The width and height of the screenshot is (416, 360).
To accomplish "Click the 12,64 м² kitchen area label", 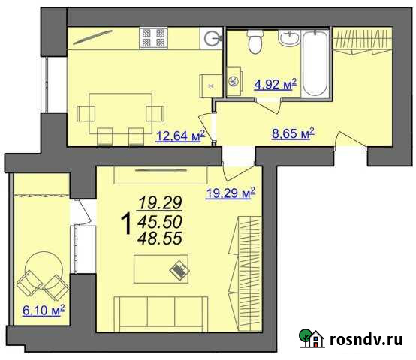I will pyautogui.click(x=181, y=136).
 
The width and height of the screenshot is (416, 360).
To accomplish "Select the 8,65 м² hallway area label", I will pyautogui.click(x=291, y=134).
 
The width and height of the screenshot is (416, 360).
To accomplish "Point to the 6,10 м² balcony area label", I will pyautogui.click(x=44, y=309).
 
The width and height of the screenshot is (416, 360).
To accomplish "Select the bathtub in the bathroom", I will pyautogui.click(x=315, y=64).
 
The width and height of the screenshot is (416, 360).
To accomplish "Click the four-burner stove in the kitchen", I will pyautogui.click(x=154, y=39).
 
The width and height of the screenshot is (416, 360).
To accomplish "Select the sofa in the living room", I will pyautogui.click(x=161, y=312).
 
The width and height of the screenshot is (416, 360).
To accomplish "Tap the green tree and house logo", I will pyautogui.click(x=311, y=339).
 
